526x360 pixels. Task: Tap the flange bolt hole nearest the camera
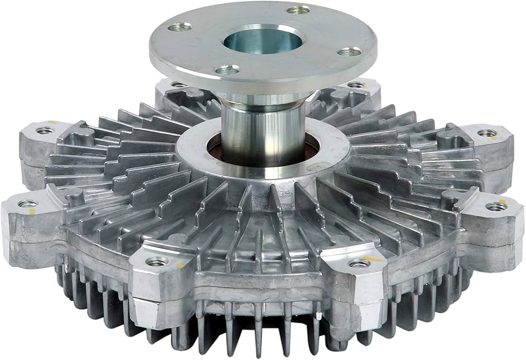coord(227,69)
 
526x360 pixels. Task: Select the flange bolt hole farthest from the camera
coord(299,9)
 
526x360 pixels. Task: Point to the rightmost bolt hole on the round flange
coord(349,52)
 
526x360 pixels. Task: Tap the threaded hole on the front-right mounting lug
coord(360,263)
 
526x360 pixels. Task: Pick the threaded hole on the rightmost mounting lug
coord(496,207)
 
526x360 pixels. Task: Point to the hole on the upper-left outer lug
coord(45,130)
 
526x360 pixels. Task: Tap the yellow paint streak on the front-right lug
coord(375,259)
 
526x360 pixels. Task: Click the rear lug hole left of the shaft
coord(179,84)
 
